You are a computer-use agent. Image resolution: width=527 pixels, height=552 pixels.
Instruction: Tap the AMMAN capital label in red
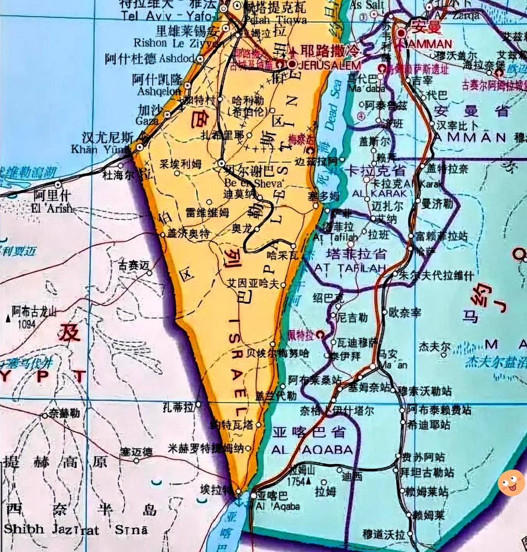425,44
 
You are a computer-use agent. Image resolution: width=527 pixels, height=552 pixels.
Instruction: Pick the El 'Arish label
51,209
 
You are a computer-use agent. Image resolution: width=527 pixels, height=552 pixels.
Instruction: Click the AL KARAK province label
380,193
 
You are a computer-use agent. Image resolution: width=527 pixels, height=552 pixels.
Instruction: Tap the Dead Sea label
333,104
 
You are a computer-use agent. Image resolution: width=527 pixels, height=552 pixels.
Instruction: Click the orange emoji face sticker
511,483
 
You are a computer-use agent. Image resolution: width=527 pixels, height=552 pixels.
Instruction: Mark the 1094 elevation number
26,324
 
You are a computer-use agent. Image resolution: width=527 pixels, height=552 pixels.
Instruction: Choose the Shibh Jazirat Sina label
76,529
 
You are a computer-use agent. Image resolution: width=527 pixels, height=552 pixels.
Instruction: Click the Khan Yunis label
98,149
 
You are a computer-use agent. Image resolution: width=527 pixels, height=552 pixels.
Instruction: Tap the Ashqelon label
159,90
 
